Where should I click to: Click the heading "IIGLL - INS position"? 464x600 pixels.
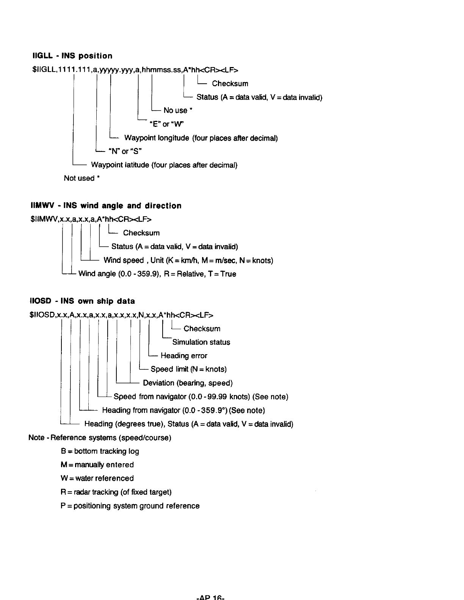tap(72, 56)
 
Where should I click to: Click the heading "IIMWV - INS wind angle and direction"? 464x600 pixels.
tap(106, 206)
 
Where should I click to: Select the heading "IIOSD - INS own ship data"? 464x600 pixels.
tap(82, 302)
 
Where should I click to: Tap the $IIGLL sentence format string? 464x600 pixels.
tap(135, 70)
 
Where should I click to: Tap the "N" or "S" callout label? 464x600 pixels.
tap(125, 152)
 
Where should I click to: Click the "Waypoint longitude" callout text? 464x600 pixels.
tap(201, 138)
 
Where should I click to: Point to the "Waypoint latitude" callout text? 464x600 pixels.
tap(164, 165)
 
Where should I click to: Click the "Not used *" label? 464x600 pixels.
tap(82, 178)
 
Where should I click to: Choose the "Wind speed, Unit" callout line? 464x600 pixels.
tap(188, 260)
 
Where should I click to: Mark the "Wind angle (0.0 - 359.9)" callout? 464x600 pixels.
tap(157, 274)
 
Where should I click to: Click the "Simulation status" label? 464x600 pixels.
tap(201, 342)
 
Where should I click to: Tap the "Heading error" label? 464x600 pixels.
tap(184, 356)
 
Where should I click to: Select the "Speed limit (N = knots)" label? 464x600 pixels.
tap(188, 369)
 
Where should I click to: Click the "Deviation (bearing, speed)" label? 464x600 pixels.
tap(188, 383)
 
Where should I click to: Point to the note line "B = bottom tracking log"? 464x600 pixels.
tap(100, 451)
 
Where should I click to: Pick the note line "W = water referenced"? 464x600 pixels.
tap(97, 478)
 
